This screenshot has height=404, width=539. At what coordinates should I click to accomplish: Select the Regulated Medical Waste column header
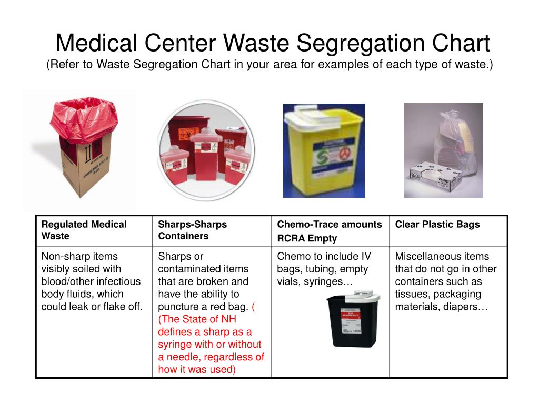[84, 230]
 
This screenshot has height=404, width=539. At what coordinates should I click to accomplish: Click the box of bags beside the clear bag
[428, 177]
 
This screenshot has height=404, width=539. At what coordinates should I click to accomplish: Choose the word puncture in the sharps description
[177, 307]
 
